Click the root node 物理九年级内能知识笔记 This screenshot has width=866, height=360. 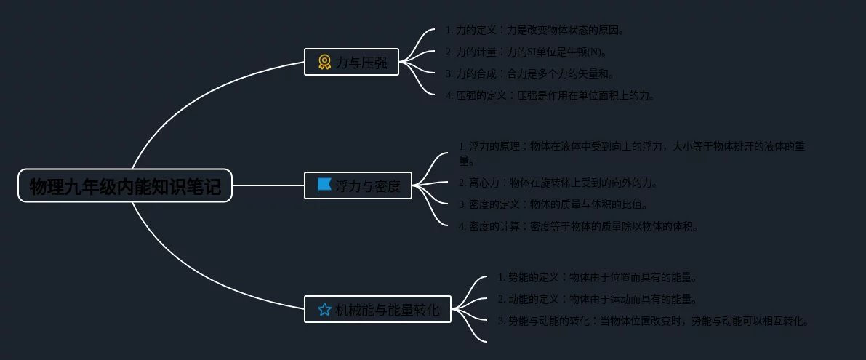[125, 185]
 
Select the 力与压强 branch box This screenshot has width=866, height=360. [351, 62]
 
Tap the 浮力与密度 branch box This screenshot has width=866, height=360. [358, 185]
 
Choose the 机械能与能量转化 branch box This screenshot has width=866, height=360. [377, 309]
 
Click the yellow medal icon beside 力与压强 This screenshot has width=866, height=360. [324, 63]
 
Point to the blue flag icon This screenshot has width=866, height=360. [324, 185]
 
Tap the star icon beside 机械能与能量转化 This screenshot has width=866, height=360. [324, 309]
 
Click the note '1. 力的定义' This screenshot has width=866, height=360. [534, 30]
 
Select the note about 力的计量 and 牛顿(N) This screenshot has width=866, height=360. [526, 52]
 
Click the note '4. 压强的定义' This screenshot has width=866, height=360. [550, 95]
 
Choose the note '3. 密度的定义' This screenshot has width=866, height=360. [553, 204]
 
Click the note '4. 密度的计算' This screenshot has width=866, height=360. [579, 226]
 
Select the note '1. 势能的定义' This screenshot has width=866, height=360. [598, 277]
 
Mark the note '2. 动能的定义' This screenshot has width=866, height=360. [598, 299]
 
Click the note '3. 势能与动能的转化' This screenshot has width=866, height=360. [653, 321]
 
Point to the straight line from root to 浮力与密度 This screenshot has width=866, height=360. [268, 185]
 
